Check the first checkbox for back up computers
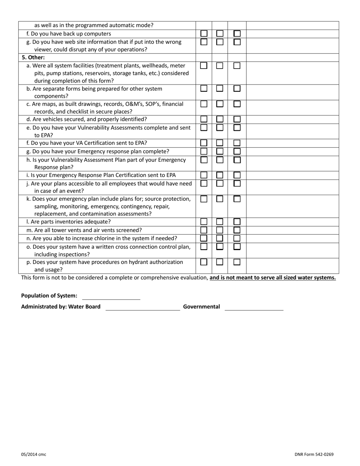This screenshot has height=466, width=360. coord(204,34)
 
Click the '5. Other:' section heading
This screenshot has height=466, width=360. coord(33,58)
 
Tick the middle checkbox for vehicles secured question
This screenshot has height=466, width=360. coord(220,119)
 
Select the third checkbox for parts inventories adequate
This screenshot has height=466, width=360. coord(237,222)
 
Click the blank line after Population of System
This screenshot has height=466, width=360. coord(111,297)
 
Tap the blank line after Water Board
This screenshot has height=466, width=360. coord(142,307)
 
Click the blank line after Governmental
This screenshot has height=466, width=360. coord(254,307)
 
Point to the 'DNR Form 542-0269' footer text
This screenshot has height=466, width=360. coord(314,455)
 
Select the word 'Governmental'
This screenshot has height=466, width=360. coord(201,306)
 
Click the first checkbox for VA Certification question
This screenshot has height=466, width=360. coord(204,143)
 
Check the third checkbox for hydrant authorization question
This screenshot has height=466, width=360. coord(237,262)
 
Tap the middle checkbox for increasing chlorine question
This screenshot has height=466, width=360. coord(220,238)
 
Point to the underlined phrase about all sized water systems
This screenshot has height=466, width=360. coord(273,278)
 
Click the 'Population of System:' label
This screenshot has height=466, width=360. coord(49,296)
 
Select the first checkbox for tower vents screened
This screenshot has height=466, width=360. coord(204,230)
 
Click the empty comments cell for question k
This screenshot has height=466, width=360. coord(292,206)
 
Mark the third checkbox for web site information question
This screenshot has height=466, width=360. coord(237,42)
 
